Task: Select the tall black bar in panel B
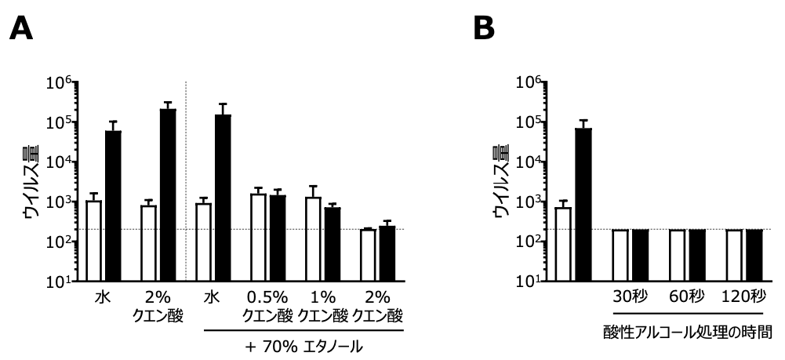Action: pos(583,204)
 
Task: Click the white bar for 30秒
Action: pos(621,255)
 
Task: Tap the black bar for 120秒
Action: pos(754,255)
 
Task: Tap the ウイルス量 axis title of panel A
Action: pos(31,181)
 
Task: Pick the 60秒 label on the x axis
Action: pos(686,299)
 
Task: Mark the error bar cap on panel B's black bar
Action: pos(583,120)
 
